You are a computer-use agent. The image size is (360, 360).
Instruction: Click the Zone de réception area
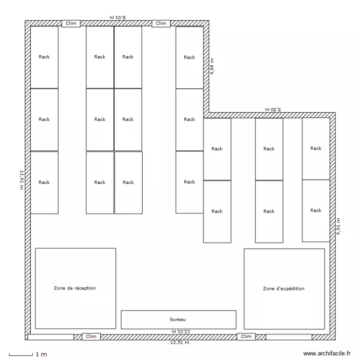click(75, 288)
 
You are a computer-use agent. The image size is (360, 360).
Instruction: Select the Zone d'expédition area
click(284, 289)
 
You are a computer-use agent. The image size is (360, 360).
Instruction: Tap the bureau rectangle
click(179, 320)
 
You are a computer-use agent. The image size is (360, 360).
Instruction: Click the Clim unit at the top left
click(71, 24)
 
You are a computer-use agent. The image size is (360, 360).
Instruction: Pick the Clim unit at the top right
click(161, 24)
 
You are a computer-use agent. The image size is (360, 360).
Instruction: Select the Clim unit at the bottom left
click(91, 336)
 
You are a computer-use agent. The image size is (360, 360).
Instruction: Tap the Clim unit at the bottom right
click(246, 336)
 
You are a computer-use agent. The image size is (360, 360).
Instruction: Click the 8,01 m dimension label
click(118, 17)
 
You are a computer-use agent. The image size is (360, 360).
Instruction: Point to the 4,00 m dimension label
click(212, 66)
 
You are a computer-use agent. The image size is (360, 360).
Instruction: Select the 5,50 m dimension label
click(273, 109)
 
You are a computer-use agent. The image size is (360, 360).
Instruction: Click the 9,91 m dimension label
click(338, 227)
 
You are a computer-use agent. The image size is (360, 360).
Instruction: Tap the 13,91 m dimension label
click(22, 180)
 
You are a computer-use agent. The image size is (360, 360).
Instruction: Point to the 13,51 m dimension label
click(180, 343)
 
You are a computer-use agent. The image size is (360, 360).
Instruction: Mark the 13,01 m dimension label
click(181, 331)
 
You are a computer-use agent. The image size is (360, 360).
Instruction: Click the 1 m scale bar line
click(21, 355)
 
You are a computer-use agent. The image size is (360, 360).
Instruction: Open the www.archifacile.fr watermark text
click(327, 354)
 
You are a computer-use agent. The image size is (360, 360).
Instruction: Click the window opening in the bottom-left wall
click(51, 337)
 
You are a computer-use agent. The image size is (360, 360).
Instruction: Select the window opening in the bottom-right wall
click(289, 337)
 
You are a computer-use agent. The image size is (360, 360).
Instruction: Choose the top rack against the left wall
click(44, 57)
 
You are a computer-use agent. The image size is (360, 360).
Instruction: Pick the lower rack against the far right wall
click(316, 211)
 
